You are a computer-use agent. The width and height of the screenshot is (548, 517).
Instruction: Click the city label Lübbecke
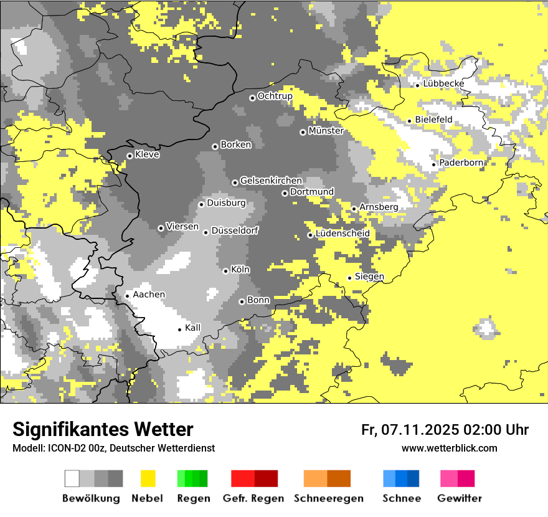tap(443, 83)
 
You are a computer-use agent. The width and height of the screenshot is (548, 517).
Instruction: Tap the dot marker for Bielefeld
tap(410, 121)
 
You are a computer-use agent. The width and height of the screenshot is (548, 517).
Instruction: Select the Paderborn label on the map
tap(461, 163)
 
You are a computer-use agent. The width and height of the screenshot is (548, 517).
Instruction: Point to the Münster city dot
tap(303, 132)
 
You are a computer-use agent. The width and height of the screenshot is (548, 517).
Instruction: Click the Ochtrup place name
tap(275, 96)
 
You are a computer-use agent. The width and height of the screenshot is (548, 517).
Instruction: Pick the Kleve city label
tap(147, 154)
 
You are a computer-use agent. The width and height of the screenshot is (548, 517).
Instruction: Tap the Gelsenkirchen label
tap(271, 181)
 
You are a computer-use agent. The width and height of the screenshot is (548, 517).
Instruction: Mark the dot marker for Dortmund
tap(285, 193)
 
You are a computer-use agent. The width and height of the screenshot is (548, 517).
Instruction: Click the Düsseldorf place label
tap(234, 230)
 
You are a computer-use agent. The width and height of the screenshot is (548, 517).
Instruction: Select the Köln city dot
tap(226, 271)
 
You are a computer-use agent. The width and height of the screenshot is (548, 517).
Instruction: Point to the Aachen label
tap(149, 294)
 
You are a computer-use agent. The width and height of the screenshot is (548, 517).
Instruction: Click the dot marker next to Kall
tap(180, 330)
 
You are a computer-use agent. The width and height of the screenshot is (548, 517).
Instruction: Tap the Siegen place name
tap(369, 277)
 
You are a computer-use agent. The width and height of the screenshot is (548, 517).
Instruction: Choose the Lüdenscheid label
tap(342, 233)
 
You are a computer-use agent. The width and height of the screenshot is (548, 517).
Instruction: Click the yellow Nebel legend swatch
tap(148, 478)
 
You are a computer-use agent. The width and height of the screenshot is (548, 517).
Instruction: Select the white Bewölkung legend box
tap(72, 478)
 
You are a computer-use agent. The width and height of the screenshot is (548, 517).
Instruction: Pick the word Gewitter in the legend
tap(460, 498)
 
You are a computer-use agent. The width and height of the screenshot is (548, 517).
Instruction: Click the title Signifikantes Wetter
tap(103, 429)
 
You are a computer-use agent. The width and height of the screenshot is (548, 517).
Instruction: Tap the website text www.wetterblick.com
tap(449, 448)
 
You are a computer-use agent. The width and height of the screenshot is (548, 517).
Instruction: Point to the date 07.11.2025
tap(420, 429)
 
